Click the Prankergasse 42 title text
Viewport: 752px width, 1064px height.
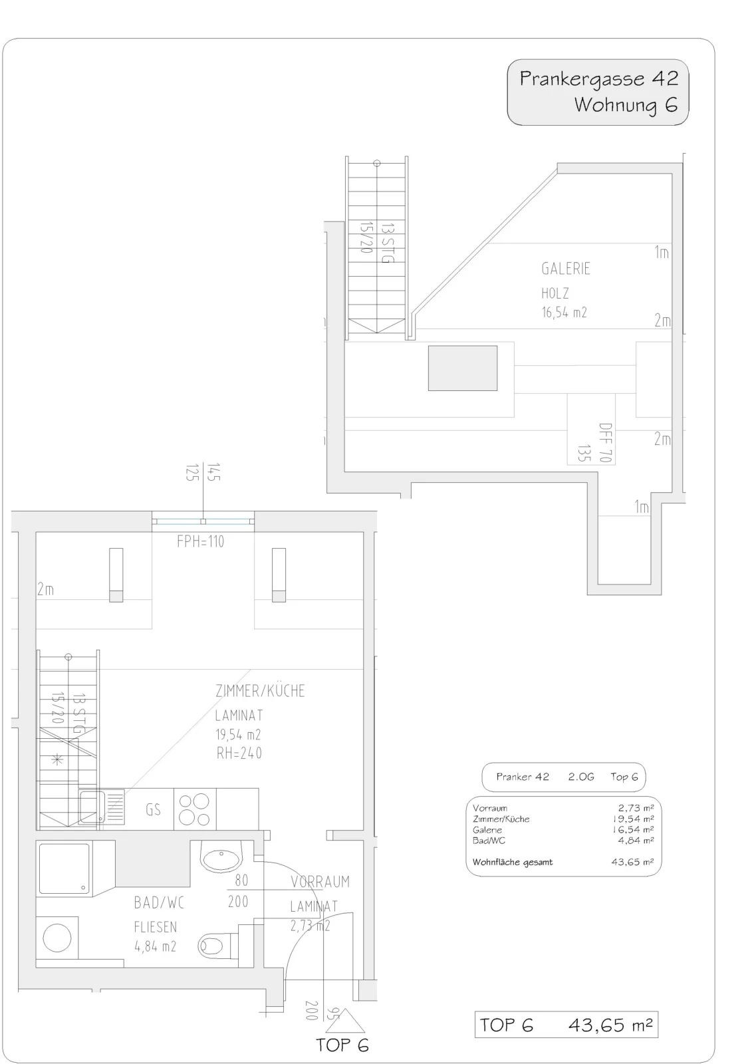pyautogui.click(x=598, y=79)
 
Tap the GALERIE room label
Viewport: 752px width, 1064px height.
pyautogui.click(x=566, y=269)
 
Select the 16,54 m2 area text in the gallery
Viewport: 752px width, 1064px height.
pyautogui.click(x=564, y=312)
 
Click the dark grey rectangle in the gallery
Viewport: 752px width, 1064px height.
pyautogui.click(x=463, y=368)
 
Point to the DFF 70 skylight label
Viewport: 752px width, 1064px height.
pyautogui.click(x=606, y=443)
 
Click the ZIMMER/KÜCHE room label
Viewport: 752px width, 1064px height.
pyautogui.click(x=261, y=691)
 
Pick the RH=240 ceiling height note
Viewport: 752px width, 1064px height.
pyautogui.click(x=239, y=753)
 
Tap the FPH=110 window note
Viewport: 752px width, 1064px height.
pyautogui.click(x=201, y=541)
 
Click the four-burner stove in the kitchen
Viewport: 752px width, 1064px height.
pyautogui.click(x=195, y=809)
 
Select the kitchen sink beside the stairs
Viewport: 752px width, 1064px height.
pyautogui.click(x=102, y=807)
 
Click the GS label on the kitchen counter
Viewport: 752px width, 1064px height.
pyautogui.click(x=153, y=809)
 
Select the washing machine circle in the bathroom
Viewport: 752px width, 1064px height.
pyautogui.click(x=57, y=938)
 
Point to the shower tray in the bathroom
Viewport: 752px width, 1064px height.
pyautogui.click(x=64, y=868)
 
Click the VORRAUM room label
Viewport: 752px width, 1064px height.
pyautogui.click(x=320, y=882)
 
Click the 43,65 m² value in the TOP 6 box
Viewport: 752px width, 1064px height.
pyautogui.click(x=610, y=1025)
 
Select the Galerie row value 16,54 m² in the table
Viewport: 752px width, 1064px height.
pyautogui.click(x=633, y=829)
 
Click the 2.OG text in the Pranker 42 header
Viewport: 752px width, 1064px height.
pyautogui.click(x=581, y=777)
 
